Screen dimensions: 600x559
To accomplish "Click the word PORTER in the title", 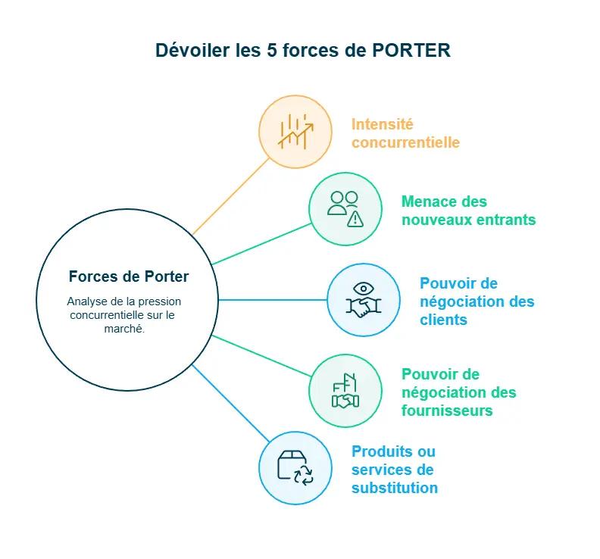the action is pos(412,50).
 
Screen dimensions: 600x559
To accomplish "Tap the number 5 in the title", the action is pos(271,50).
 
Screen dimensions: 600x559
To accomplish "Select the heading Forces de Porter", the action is pos(129,276).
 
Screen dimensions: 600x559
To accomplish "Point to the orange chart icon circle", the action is pos(295,131).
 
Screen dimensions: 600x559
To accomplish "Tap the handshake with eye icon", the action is pos(364,300).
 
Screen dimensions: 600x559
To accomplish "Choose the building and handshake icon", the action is pos(345,391).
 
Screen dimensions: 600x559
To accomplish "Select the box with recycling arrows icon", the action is pos(295,468).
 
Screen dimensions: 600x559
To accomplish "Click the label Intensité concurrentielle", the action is pos(405,133).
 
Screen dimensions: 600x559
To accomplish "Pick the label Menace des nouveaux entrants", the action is pos(468,211).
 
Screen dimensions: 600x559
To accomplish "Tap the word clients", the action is pos(443,320).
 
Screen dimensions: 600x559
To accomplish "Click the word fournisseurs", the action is pos(447,411).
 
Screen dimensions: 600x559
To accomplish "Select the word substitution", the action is pos(394,488).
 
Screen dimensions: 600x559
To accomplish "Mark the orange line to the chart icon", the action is pos(231,196).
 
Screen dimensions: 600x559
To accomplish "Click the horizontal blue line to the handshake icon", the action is pos(273,300).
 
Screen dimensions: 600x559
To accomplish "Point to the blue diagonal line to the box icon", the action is pos(231,404).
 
